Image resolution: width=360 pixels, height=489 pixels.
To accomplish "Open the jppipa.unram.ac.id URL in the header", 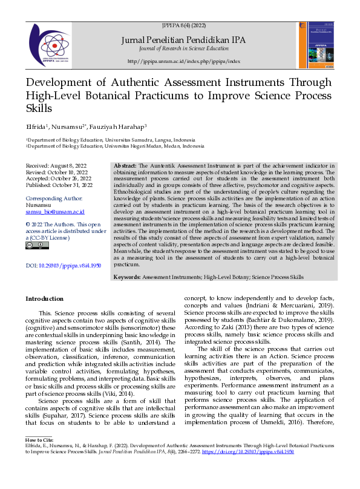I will [184, 62].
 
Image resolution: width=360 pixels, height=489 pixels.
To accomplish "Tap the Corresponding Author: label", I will [54, 199].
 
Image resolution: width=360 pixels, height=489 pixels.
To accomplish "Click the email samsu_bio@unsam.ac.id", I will [55, 212].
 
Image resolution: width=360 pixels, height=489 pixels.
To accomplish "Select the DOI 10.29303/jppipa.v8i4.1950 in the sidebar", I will [63, 266].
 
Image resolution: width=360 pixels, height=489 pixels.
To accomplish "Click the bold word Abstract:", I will [126, 165].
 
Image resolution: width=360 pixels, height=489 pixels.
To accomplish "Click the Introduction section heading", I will [44, 298].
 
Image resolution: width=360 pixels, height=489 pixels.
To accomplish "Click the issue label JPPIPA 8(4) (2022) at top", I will [184, 27].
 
